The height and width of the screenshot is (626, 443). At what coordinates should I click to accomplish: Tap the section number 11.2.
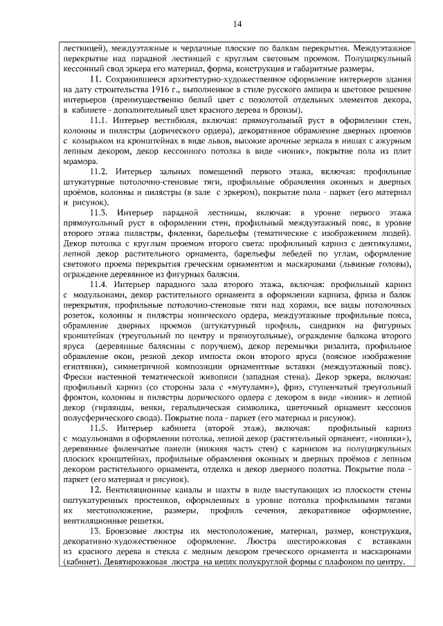click(100, 170)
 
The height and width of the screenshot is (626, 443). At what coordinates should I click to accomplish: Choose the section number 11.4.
click(100, 285)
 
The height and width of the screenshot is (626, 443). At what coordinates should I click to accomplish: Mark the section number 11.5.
click(100, 429)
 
